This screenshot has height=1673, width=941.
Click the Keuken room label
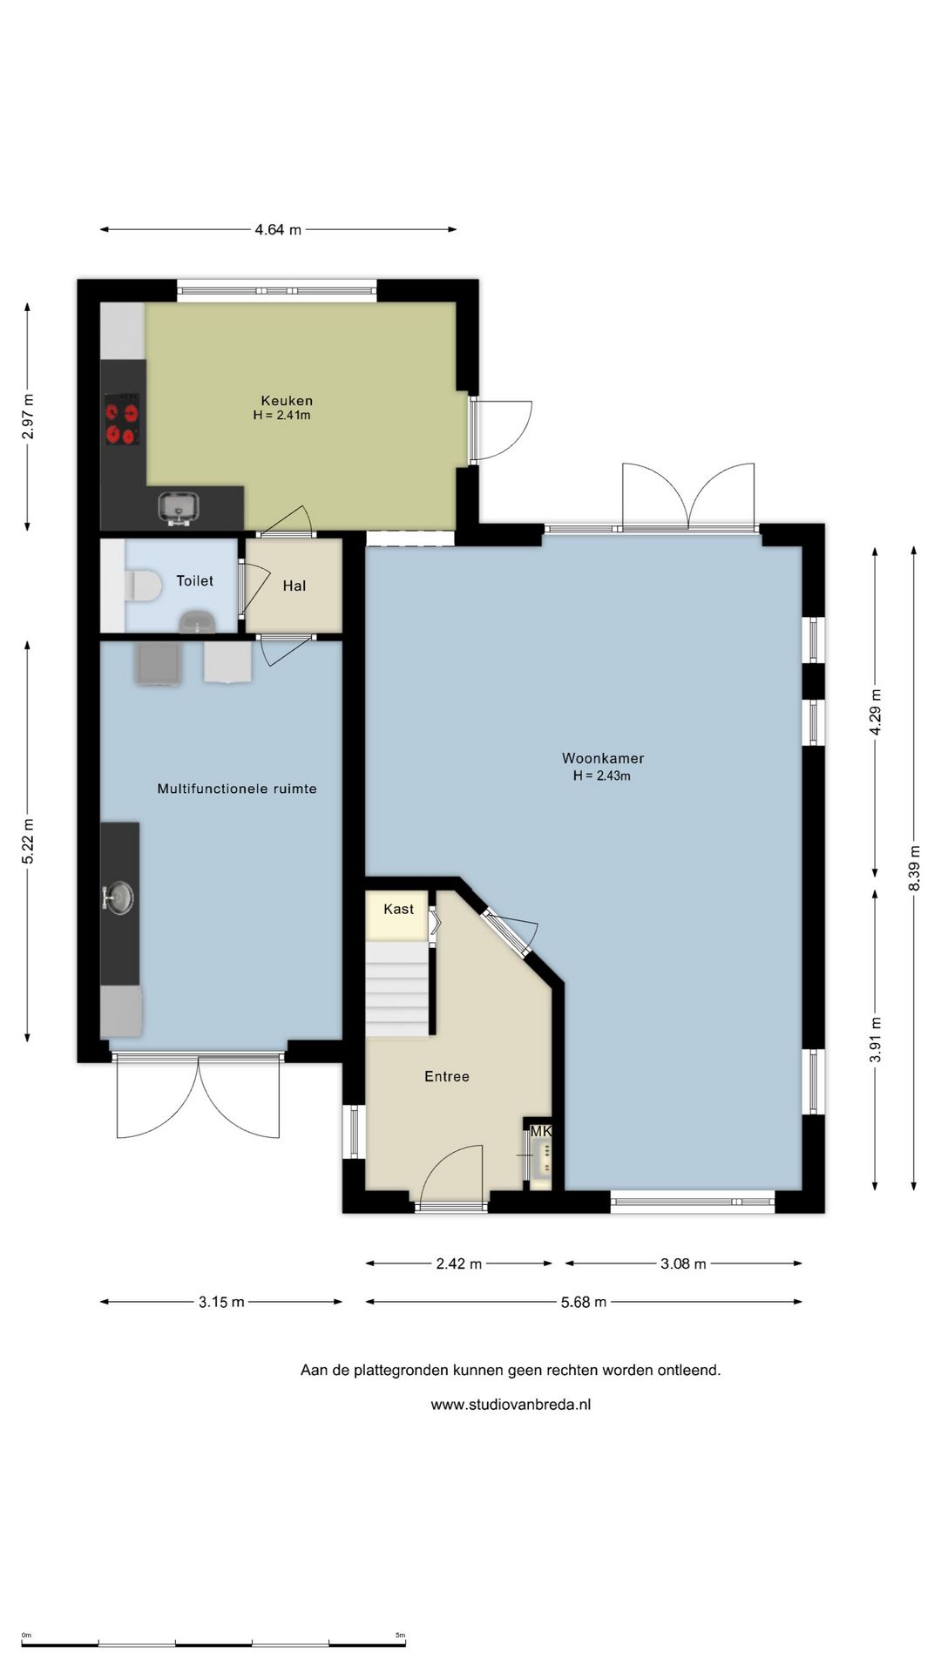(287, 401)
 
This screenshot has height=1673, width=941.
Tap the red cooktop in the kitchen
(122, 420)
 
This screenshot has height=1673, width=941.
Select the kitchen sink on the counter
(179, 507)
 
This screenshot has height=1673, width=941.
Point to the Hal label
(294, 586)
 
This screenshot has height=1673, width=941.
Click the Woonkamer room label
(603, 758)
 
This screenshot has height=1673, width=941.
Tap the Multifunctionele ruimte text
(237, 789)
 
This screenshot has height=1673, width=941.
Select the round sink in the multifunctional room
(118, 897)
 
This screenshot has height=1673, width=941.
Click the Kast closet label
(399, 909)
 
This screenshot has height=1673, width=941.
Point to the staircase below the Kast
(397, 989)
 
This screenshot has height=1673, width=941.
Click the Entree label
(447, 1077)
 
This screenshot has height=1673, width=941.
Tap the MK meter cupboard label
(541, 1131)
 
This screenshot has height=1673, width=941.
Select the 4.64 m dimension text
(278, 230)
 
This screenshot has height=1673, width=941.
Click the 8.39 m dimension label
(914, 868)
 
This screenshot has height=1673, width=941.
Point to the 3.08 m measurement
(683, 1263)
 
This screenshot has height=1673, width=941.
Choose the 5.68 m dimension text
(583, 1303)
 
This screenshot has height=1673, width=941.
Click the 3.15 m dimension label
(221, 1303)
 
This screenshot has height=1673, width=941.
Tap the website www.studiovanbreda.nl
(511, 1405)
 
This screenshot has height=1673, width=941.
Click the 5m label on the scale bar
(400, 1635)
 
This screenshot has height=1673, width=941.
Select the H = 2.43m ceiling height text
(601, 776)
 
